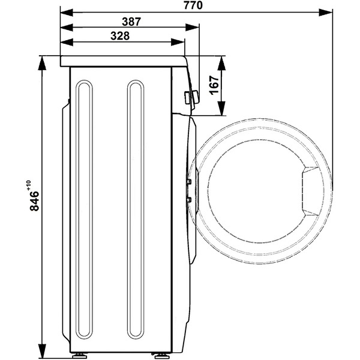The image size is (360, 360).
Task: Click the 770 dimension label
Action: tap(193, 5)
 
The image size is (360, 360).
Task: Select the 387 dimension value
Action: tap(131, 22)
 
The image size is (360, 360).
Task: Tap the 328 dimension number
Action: tap(120, 36)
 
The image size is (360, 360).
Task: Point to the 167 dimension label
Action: tap(214, 85)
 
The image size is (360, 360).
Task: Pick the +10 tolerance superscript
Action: tap(29, 185)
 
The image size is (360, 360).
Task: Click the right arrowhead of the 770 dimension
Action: tap(326, 13)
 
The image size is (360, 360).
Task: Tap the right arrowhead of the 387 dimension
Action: tap(192, 28)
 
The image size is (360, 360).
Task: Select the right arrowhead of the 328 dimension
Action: tap(178, 42)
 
